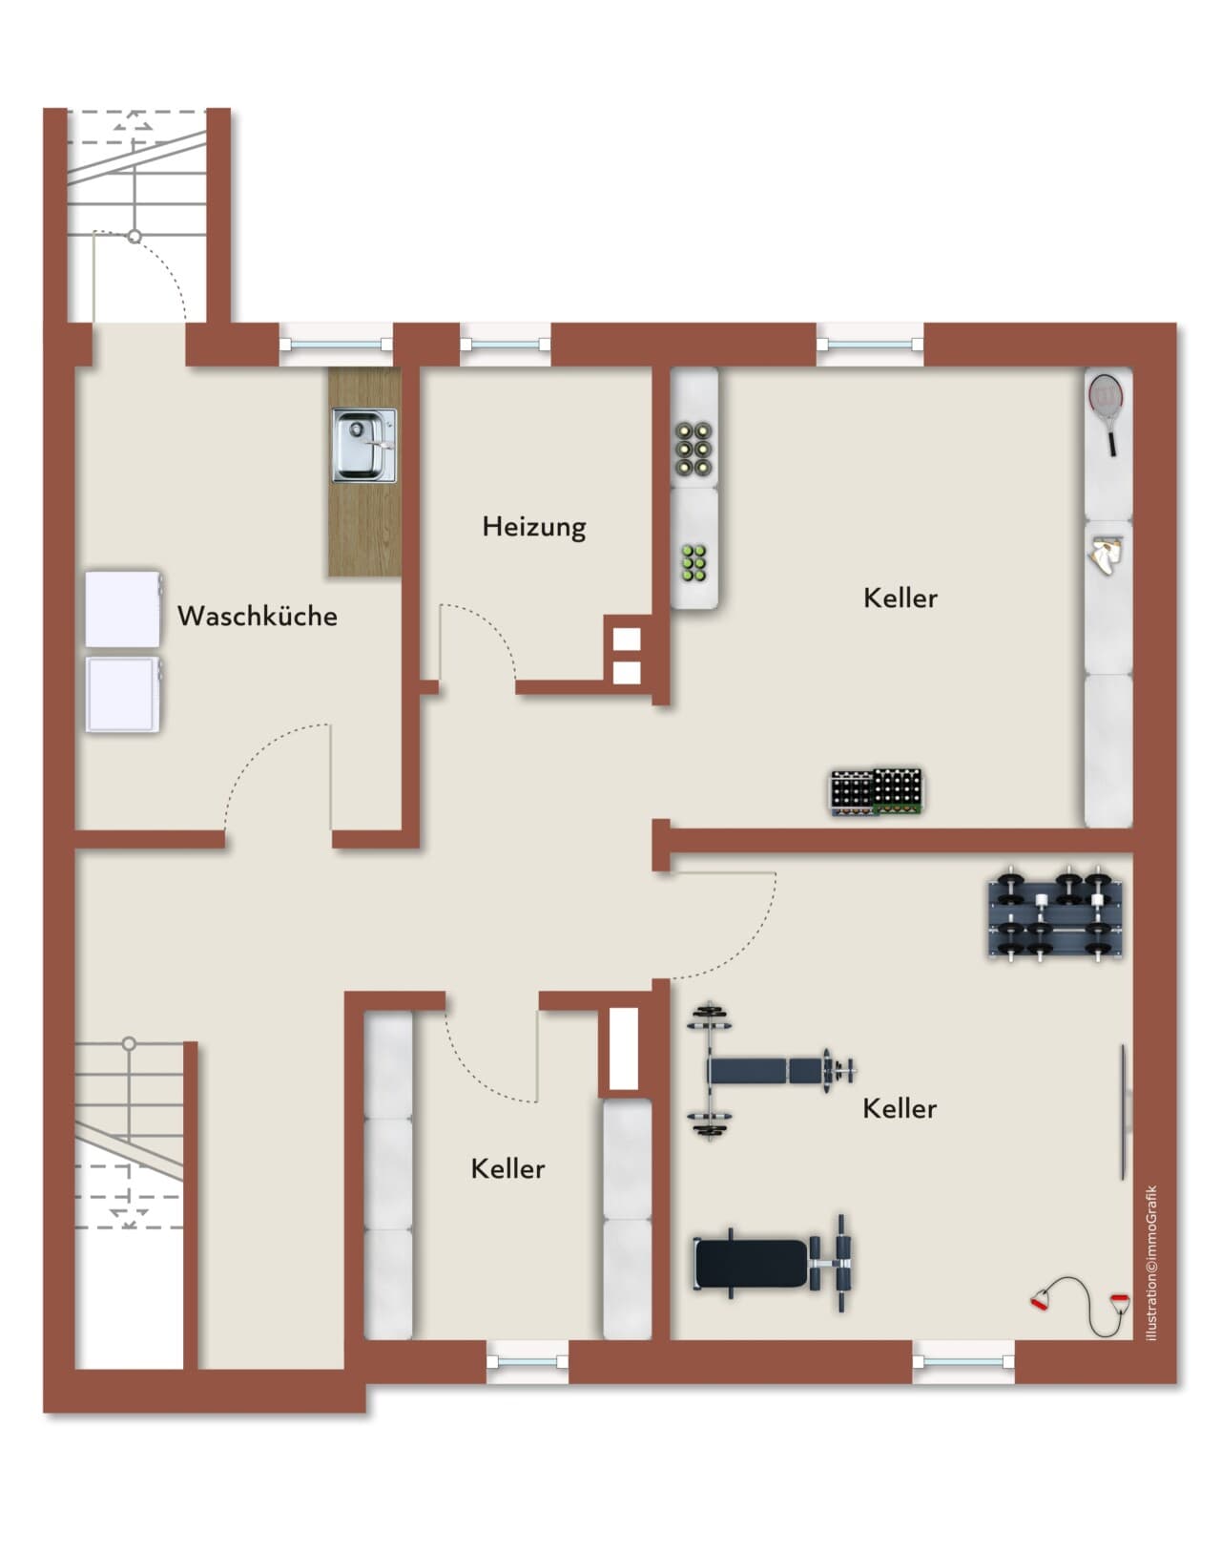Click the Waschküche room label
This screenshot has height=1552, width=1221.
click(x=258, y=616)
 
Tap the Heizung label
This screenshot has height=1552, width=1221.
click(x=534, y=527)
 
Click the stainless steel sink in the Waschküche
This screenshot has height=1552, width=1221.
click(x=364, y=445)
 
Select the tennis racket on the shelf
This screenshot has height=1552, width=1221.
click(x=1107, y=414)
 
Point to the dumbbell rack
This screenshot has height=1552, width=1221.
click(x=1055, y=913)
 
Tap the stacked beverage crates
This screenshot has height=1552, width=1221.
click(x=876, y=792)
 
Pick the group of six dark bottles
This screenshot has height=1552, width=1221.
click(x=693, y=450)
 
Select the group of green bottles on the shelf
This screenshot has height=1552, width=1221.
click(x=694, y=563)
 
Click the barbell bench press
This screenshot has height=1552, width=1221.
click(x=769, y=1070)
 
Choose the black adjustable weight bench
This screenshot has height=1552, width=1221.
click(x=773, y=1264)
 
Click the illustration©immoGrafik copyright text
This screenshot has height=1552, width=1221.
click(x=1151, y=1264)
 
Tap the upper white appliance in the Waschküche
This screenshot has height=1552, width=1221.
click(x=123, y=609)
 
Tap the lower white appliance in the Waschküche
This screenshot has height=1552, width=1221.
click(x=122, y=695)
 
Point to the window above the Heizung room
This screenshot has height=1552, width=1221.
click(x=506, y=345)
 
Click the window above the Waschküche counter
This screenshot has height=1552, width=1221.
click(x=336, y=345)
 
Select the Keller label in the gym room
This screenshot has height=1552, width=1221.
click(x=900, y=1108)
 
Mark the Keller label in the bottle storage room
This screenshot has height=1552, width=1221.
click(x=900, y=598)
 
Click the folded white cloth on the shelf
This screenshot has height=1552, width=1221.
click(x=1105, y=554)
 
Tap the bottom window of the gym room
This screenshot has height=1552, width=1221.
click(x=962, y=1362)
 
